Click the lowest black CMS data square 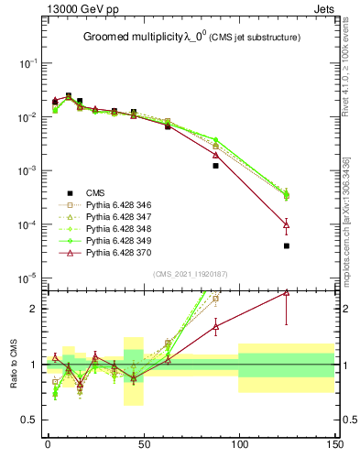tap(287, 245)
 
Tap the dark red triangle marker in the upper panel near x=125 tap(287, 224)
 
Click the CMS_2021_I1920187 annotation tap(190, 274)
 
